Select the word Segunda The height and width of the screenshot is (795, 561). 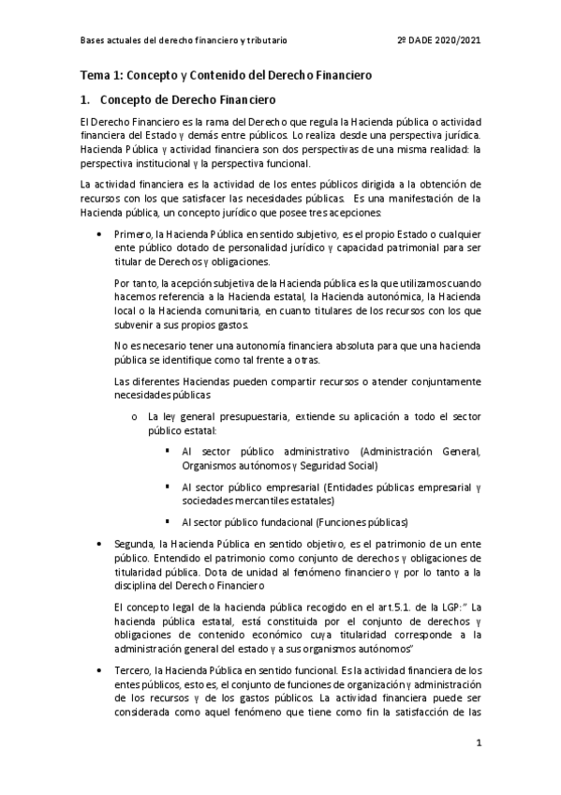point(133,544)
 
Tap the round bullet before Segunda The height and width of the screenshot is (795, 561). point(101,544)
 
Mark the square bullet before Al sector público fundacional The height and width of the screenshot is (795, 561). point(167,521)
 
